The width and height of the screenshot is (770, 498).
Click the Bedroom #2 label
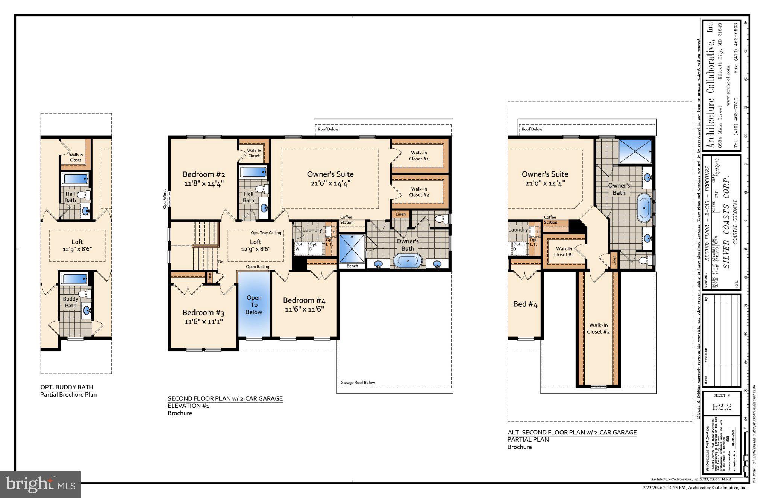pyautogui.click(x=204, y=174)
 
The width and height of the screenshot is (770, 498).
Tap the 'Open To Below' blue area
pyautogui.click(x=254, y=305)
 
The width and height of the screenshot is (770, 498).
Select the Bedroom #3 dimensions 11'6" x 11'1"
pyautogui.click(x=203, y=322)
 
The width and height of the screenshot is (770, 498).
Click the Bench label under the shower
pyautogui.click(x=352, y=266)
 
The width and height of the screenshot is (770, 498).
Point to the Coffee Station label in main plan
pyautogui.click(x=346, y=220)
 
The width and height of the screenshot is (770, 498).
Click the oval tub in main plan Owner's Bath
pyautogui.click(x=408, y=261)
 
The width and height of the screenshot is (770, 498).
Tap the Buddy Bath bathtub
pyautogui.click(x=74, y=279)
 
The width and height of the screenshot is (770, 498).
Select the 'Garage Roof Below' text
pyautogui.click(x=358, y=383)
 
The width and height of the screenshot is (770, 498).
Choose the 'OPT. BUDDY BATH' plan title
pyautogui.click(x=67, y=387)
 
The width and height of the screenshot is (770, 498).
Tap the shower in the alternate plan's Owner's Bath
pyautogui.click(x=635, y=151)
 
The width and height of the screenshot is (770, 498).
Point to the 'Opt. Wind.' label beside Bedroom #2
pyautogui.click(x=165, y=199)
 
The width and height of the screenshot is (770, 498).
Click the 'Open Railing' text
pyautogui.click(x=258, y=267)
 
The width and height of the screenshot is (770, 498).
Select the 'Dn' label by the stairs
pyautogui.click(x=221, y=262)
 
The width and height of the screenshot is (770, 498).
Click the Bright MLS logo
pyautogui.click(x=40, y=484)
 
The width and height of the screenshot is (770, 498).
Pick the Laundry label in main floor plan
pyautogui.click(x=312, y=230)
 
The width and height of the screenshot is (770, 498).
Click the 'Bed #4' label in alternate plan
pyautogui.click(x=525, y=304)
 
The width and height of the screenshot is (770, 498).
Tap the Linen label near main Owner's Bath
pyautogui.click(x=400, y=214)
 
